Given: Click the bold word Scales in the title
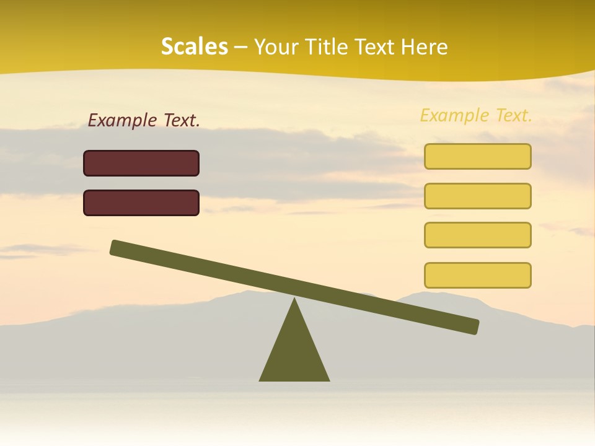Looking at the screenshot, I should [x=194, y=46].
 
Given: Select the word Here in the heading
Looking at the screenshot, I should [x=424, y=47].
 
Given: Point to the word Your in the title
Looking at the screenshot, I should [x=276, y=47].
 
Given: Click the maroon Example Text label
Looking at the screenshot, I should [x=144, y=121].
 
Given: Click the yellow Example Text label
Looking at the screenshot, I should [x=476, y=115].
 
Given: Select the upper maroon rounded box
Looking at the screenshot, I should [x=141, y=163].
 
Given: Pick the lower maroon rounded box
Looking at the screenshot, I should [x=141, y=203].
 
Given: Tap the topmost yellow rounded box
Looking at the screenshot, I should [x=477, y=156].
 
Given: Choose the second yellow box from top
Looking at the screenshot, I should [x=477, y=196].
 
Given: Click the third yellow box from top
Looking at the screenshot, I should [x=477, y=235].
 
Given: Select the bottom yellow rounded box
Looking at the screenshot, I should [x=477, y=275].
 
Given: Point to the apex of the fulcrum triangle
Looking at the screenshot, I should [x=294, y=300].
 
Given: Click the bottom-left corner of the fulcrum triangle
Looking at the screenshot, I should [x=260, y=380].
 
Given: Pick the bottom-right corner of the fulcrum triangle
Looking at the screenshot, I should [x=328, y=380].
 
